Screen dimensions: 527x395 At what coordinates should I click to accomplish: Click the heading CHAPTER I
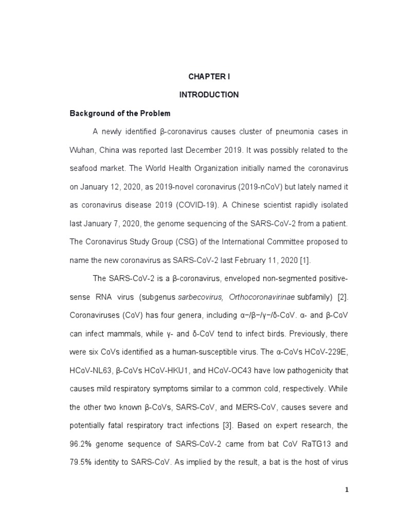[x=209, y=77]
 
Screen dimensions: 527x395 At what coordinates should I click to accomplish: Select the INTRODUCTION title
[x=209, y=95]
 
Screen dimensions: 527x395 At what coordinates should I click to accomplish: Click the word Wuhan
[x=81, y=150]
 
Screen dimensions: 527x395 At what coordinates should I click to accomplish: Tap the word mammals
[x=121, y=333]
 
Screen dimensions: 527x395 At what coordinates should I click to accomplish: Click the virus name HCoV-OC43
[x=229, y=371]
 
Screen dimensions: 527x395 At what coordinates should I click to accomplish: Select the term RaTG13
[x=315, y=444]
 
